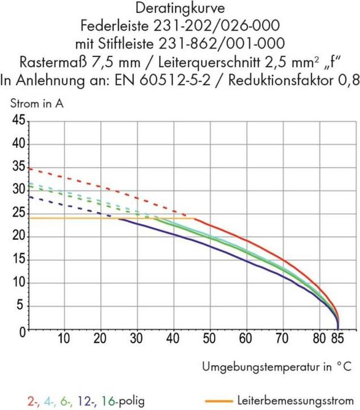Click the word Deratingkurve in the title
(x=179, y=9)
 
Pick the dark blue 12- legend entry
(x=85, y=401)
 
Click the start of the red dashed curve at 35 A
(x=28, y=169)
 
